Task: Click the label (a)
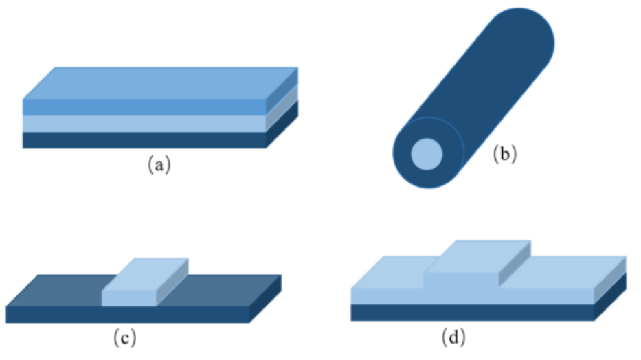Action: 159,164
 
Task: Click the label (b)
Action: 505,154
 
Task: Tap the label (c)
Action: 124,337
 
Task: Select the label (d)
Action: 453,337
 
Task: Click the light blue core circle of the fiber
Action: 427,154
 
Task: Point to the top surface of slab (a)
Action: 160,83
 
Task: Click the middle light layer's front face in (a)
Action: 144,124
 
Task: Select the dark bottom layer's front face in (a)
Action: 144,139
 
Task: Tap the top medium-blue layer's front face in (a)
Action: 144,107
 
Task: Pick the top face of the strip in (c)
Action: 145,274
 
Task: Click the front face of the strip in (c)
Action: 128,298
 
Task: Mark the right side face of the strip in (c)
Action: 172,282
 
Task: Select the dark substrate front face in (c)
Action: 128,315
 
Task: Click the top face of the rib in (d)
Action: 477,256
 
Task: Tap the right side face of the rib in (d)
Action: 515,264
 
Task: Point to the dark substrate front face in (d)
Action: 473,313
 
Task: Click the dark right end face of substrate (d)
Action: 610,296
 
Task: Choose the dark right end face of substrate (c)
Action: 266,299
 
